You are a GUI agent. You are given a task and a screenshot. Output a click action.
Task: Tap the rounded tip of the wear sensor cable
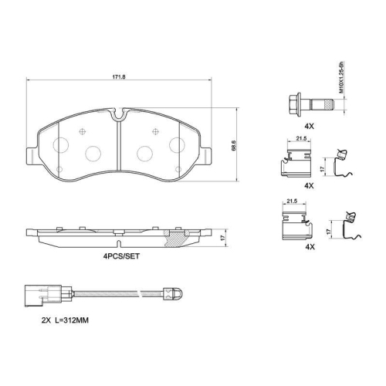pos(176,293)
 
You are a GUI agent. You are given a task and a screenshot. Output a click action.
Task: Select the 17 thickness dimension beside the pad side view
pos(223,238)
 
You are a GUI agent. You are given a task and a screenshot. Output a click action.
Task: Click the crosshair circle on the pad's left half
pos(81,132)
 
